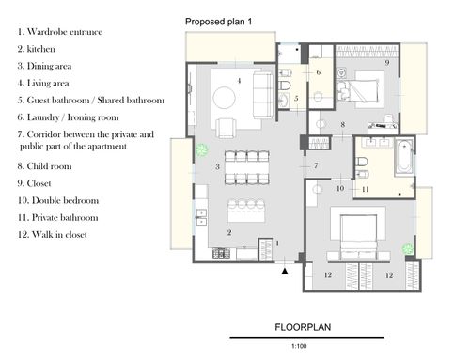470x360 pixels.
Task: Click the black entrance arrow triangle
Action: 285,272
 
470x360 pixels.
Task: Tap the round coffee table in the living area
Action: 225,98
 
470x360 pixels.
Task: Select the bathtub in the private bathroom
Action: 404,157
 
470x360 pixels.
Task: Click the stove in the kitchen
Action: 222,253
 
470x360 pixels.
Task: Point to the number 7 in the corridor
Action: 316,165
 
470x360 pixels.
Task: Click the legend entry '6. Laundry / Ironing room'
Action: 68,117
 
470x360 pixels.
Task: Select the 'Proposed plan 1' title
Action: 218,22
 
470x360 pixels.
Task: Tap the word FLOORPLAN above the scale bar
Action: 303,327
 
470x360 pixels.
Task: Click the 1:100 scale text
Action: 299,346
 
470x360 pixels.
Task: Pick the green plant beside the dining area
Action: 201,149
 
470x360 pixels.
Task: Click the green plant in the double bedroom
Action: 408,249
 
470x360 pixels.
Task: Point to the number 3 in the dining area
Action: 217,167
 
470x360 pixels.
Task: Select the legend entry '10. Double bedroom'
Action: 58,200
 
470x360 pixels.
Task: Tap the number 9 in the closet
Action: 387,62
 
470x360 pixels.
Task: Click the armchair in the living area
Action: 226,128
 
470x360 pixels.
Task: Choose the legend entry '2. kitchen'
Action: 36,49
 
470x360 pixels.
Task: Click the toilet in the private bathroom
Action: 362,163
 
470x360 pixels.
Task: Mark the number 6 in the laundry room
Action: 319,72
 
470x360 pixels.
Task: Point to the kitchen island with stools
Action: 246,211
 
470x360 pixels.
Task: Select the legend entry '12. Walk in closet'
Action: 52,235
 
